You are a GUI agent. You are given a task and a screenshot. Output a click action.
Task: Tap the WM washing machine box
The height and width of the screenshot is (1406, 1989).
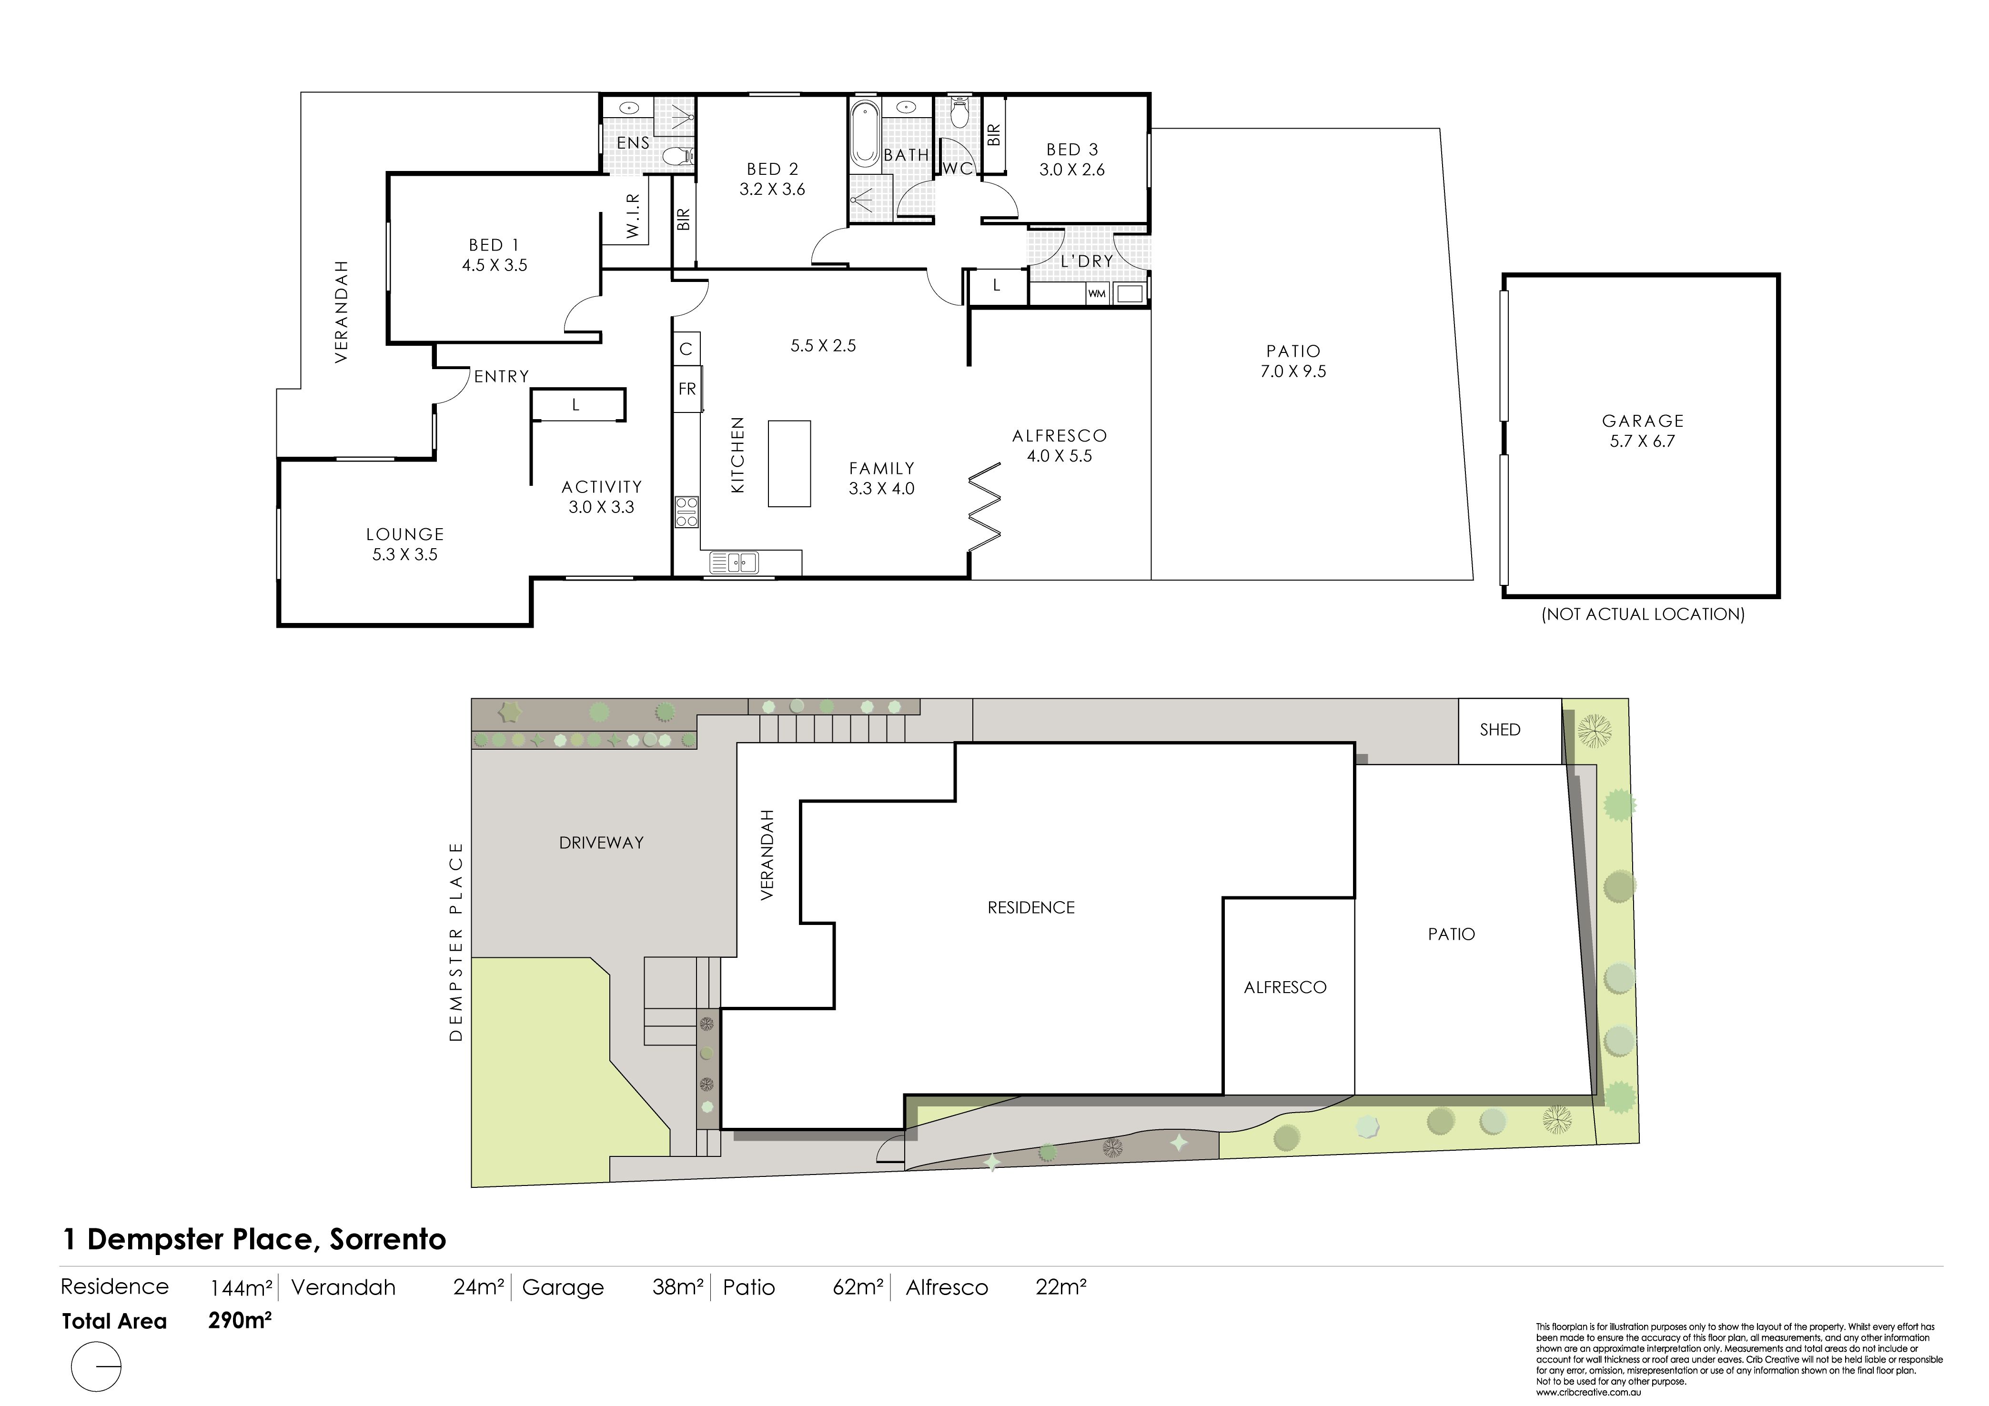click(1097, 294)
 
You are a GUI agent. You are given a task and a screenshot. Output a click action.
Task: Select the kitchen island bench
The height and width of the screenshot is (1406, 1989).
click(789, 463)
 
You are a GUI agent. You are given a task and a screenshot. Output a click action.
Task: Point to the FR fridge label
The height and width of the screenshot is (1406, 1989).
click(687, 389)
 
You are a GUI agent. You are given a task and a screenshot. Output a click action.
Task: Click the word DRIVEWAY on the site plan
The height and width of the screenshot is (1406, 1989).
click(601, 842)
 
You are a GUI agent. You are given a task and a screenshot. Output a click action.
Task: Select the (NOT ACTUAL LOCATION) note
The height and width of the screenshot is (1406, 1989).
click(1643, 614)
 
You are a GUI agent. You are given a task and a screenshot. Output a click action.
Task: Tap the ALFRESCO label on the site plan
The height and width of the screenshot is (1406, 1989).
click(1285, 987)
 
